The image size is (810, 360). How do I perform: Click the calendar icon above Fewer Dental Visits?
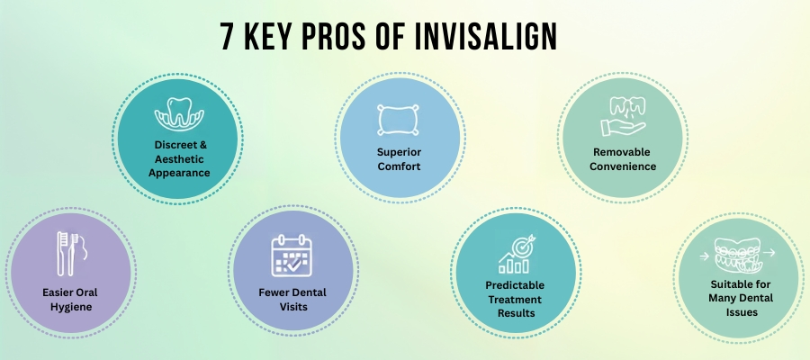coord(292,256)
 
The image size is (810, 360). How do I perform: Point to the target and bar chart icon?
coord(515,254)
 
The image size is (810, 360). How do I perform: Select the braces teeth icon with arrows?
coord(739,258)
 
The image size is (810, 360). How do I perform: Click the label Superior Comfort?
coord(399,158)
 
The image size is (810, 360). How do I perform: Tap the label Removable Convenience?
coord(617,158)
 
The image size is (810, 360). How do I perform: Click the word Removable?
coord(617,151)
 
